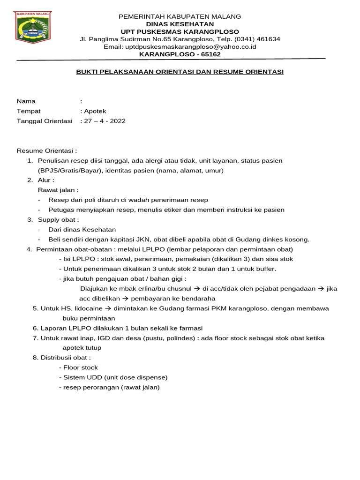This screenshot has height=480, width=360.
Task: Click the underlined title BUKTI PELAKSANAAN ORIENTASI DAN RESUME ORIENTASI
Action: click(180, 72)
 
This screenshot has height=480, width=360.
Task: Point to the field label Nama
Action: click(26, 101)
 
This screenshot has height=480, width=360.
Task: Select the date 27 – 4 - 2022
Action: click(105, 121)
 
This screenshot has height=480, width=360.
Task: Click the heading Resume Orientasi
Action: click(46, 151)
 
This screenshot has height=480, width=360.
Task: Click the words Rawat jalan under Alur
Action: click(57, 190)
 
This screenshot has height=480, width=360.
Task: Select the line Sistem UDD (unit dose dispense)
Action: click(113, 377)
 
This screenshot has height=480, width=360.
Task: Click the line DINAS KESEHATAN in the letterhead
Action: click(180, 24)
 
